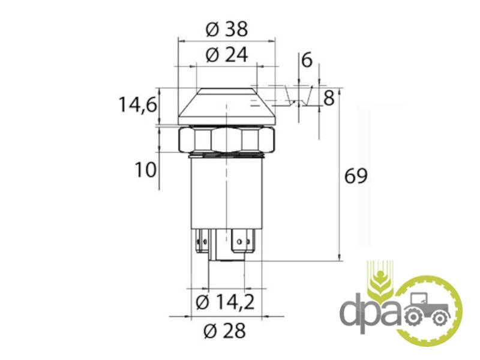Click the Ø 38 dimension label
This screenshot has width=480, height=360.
[x=227, y=29]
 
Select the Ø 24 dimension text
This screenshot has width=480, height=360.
[x=227, y=55]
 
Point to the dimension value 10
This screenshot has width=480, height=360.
[x=145, y=170]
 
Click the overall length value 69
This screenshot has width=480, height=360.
[x=356, y=176]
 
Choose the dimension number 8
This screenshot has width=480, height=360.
[x=329, y=98]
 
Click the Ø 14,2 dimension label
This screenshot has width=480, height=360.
[x=225, y=302]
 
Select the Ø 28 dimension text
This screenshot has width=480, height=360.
[x=225, y=331]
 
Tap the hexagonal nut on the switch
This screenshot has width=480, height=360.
[x=227, y=140]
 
